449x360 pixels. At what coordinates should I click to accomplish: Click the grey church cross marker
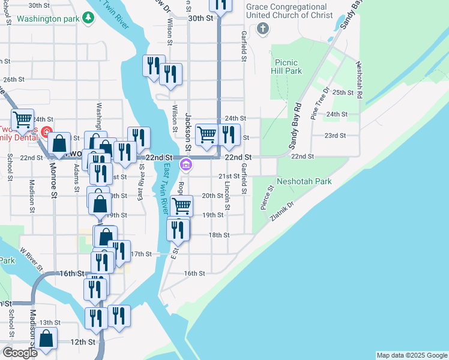[262, 29]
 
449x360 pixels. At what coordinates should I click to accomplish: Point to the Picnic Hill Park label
[288, 66]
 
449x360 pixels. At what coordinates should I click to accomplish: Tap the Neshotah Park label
[303, 181]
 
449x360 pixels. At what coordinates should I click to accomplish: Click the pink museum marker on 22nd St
[186, 164]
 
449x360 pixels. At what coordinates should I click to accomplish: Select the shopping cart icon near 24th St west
[23, 119]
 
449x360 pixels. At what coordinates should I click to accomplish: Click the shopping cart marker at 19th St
[181, 206]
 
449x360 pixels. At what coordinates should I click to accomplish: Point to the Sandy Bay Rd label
[295, 127]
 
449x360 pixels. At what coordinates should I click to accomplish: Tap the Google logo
[20, 353]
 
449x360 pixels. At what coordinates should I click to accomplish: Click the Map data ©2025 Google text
[411, 355]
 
